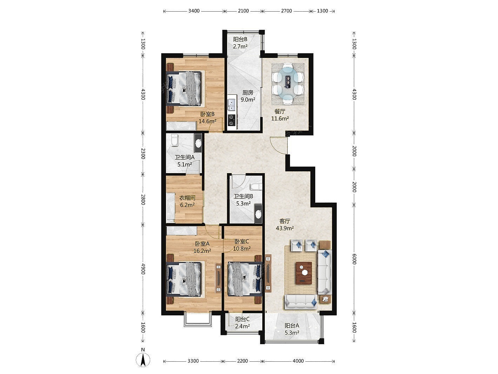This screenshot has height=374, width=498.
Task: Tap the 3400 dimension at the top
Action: (194, 11)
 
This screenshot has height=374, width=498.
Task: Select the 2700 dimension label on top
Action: (286, 11)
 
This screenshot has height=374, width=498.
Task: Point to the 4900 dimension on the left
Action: (143, 269)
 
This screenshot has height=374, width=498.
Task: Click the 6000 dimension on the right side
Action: (354, 259)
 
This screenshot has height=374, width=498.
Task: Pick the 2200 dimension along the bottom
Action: (242, 361)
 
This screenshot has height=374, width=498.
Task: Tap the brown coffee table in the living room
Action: (304, 273)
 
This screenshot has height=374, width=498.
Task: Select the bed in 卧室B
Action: (184, 88)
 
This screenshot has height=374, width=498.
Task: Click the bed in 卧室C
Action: (245, 278)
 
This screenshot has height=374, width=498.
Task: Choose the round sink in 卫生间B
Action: (258, 214)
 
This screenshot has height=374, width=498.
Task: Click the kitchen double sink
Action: (232, 105)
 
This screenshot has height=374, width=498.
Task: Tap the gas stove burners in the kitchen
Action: (232, 120)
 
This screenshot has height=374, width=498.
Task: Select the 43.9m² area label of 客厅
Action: (285, 228)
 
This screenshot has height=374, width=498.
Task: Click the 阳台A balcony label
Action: (292, 326)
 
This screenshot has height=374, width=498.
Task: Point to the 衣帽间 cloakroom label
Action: (187, 198)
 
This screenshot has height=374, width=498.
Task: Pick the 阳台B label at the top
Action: (240, 39)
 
